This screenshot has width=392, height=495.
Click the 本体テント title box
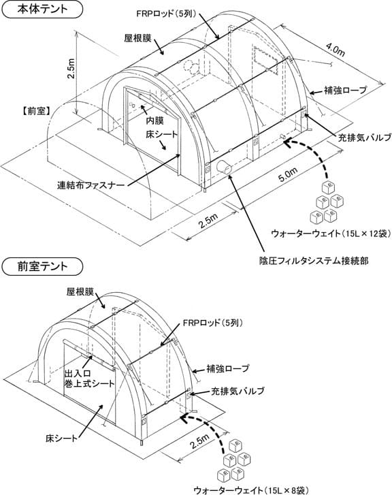click(42, 9)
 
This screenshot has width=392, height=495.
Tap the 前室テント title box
click(42, 267)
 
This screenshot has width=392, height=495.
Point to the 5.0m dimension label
click(288, 174)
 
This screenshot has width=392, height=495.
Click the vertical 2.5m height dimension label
click(72, 69)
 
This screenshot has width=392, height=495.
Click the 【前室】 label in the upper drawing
click(35, 111)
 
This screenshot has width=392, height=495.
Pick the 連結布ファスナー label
click(91, 185)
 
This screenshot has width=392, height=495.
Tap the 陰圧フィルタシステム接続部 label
click(314, 261)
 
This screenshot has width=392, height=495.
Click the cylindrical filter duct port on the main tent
click(224, 167)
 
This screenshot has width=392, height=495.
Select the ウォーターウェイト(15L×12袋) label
click(331, 234)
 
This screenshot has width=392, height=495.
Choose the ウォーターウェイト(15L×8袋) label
click(250, 490)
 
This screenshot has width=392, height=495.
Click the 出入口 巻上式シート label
click(89, 379)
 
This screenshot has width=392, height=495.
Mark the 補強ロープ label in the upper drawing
click(346, 91)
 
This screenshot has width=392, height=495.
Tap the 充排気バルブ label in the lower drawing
click(238, 391)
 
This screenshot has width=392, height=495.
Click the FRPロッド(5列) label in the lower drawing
click(213, 323)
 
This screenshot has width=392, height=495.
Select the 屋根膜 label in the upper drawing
click(137, 39)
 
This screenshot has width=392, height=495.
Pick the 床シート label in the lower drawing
click(61, 438)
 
